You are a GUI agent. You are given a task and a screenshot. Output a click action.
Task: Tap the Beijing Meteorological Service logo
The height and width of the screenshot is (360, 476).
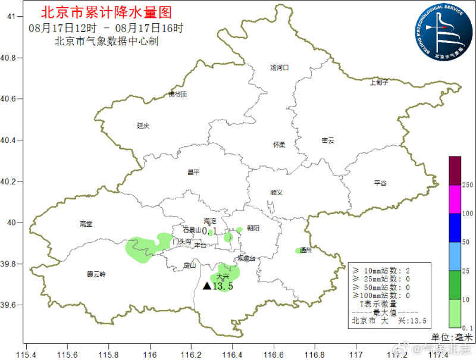tap(444, 30)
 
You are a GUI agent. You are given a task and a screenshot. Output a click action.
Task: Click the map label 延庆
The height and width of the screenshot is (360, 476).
tap(143, 126)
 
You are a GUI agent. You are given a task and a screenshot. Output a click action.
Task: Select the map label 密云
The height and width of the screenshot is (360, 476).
tap(328, 140)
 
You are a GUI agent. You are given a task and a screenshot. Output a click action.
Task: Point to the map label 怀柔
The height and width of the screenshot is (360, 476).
tap(279, 145)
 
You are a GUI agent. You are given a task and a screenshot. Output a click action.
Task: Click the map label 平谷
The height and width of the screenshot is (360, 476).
tap(380, 183)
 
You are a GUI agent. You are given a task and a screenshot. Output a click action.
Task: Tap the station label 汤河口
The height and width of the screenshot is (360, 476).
tap(279, 68)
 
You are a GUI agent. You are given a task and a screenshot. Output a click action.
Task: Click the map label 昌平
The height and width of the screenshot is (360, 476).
tap(193, 173)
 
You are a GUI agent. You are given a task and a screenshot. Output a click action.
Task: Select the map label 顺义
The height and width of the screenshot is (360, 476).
tap(276, 192)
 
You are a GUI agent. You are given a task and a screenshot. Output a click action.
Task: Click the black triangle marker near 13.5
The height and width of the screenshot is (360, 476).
tap(206, 286)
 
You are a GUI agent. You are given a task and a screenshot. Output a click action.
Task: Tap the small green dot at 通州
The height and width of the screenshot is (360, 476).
tap(298, 251)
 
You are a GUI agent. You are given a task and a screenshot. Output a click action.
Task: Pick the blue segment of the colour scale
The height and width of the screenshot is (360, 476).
tap(455, 228)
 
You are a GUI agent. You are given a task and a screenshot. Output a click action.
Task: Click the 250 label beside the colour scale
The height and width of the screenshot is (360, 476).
tap(468, 185)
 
